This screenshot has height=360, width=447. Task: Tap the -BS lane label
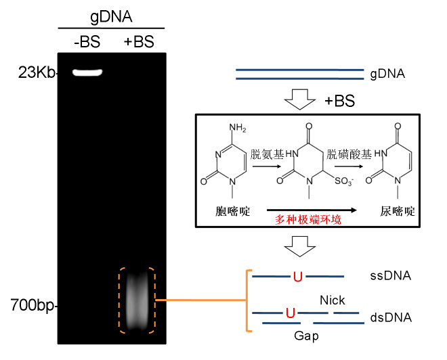coord(86,43)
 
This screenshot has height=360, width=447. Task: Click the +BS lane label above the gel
coord(139,43)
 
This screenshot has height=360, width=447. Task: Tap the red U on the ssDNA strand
coord(297,275)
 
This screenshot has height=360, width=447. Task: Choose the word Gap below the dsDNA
coord(306,335)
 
